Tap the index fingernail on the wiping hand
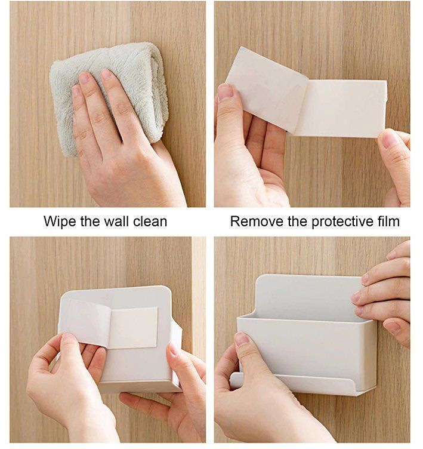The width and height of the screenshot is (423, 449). coord(106,74)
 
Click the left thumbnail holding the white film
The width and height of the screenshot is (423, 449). coord(226,91)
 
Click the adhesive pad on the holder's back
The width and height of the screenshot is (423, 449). coord(134,328)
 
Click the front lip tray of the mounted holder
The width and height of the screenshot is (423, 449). coord(292,384)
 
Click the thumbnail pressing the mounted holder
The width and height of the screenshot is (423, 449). coord(242,339)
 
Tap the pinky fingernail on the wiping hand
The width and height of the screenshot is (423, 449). coord(75,91)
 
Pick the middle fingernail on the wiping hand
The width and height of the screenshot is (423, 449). coord(84,78)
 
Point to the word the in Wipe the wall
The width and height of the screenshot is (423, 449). coord(90,222)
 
